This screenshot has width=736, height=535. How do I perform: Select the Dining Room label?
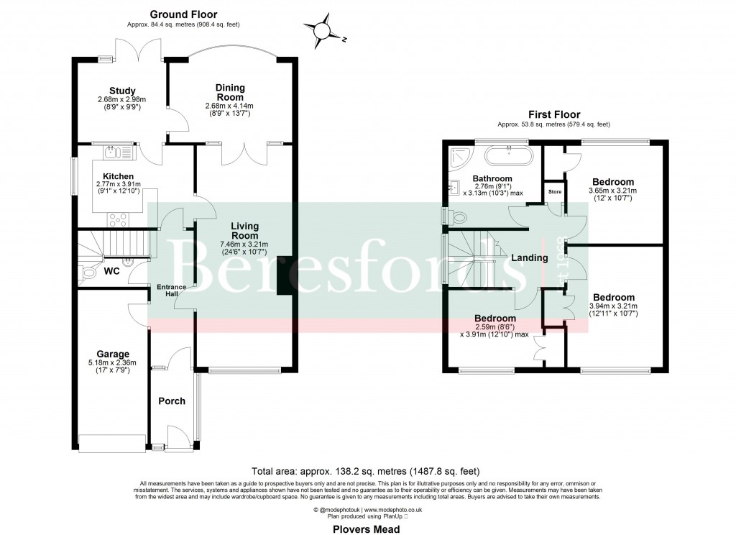tap(230, 93)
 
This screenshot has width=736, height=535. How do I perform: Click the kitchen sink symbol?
tap(115, 152)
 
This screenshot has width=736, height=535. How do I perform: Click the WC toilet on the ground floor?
tap(89, 272)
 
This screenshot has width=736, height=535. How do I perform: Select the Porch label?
tap(171, 401)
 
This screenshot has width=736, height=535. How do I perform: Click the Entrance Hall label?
tap(172, 291)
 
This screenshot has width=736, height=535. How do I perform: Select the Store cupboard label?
tap(554, 192)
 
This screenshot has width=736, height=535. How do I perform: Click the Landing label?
tap(530, 257)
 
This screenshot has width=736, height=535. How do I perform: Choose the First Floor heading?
tap(553, 114)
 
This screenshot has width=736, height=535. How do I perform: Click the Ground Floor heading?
tap(183, 14)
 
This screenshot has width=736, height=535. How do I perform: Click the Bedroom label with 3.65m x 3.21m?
tap(613, 182)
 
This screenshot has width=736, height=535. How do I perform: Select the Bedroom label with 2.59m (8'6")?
tap(494, 318)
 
